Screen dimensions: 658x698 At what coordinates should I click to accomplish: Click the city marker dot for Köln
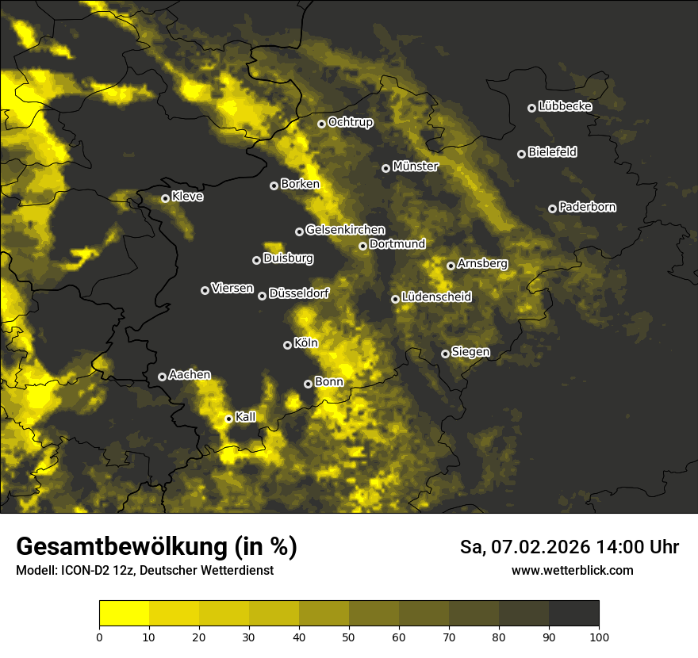pos(287,345)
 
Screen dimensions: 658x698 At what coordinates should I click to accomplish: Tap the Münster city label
pos(415,166)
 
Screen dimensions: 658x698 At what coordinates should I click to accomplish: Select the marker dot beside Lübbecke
pos(531,108)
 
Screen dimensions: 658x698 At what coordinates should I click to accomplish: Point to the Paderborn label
pos(587,207)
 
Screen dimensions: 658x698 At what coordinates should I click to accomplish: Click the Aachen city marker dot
pos(162,377)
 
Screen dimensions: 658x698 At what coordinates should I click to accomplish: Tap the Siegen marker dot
pos(445,354)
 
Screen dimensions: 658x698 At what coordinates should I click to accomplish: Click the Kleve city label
pos(187,197)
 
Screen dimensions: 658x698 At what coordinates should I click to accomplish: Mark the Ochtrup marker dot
pos(321,124)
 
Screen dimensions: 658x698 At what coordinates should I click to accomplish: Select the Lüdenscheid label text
pos(436,297)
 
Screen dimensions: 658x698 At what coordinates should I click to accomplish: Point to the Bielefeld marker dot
pos(521,154)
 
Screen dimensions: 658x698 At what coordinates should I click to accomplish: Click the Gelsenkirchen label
pos(345,230)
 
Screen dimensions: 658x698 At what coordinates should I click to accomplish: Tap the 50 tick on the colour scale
pos(349,636)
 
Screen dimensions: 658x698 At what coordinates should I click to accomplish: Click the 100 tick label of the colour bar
pos(599,636)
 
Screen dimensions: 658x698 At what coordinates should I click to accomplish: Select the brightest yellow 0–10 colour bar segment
pos(124,614)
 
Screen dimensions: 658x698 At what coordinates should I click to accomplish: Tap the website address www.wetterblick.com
pos(572,570)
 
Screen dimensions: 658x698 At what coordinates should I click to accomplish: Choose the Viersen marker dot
pos(205,290)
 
